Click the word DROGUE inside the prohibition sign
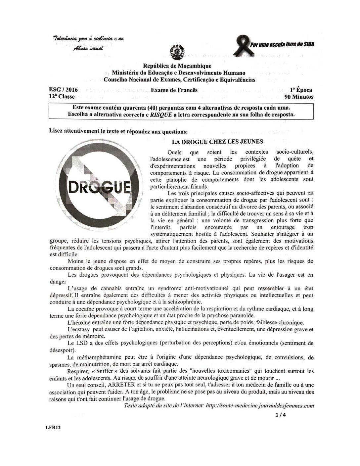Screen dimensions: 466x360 point(99,189)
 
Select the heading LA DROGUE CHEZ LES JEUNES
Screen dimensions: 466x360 point(217,142)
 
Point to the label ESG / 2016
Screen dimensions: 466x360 point(63,90)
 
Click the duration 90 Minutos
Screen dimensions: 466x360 point(298,97)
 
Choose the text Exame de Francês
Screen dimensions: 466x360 point(174,90)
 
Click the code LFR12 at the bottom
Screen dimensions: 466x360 point(53,427)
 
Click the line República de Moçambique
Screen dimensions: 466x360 point(177,66)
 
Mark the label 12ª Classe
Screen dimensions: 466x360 point(62,97)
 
